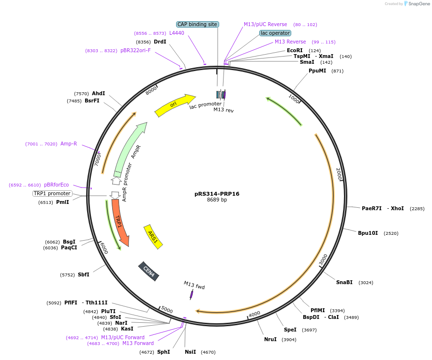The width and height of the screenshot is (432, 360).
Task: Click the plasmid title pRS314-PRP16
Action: tap(217, 194)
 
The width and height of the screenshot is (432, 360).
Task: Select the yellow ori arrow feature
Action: tap(174, 105)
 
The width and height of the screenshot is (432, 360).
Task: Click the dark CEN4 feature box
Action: tap(149, 271)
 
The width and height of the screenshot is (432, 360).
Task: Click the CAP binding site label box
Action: tap(197, 24)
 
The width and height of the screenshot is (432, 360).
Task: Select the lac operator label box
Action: tap(275, 33)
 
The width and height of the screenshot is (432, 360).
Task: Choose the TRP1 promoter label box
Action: tap(52, 193)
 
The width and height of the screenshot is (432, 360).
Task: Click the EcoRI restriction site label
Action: tap(295, 50)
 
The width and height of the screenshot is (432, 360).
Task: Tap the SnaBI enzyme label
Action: tap(344, 282)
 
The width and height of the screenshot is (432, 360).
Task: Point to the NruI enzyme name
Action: tap(270, 339)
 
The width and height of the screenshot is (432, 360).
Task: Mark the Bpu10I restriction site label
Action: tap(368, 233)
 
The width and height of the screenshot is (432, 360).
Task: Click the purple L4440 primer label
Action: tap(177, 33)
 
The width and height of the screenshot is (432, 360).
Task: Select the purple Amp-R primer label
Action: tap(69, 144)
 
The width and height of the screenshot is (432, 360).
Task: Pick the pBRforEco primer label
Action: tap(56, 185)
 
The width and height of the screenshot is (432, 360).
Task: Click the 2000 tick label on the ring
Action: tap(339, 174)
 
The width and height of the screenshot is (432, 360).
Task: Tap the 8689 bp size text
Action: tap(217, 200)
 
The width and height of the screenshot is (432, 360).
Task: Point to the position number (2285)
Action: tap(417, 209)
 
